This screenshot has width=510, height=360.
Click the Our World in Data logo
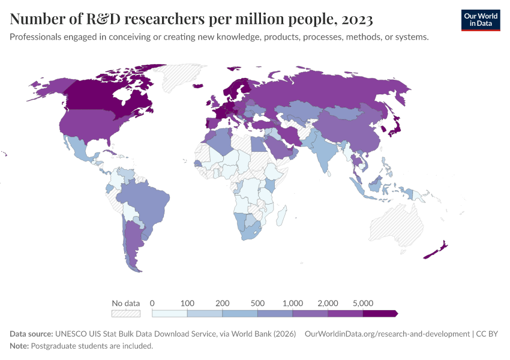[480, 20]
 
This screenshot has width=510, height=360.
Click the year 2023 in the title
[356, 20]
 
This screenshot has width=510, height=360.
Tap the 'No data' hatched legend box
[126, 313]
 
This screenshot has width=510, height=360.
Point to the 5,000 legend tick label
[363, 303]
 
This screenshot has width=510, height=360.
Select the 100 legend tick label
[187, 303]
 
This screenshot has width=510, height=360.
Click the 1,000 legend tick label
[293, 303]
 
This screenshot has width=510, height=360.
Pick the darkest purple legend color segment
[380, 313]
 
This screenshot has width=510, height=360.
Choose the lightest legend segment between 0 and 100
[170, 313]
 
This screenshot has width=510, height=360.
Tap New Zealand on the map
[437, 250]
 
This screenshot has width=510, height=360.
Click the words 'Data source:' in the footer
[31, 334]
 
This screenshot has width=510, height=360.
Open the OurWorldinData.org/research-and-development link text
[387, 334]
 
